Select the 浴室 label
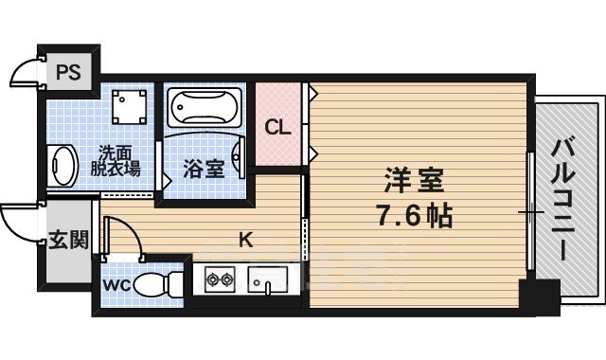coord(203,170)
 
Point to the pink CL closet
coord(277,125)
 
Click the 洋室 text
coord(414,180)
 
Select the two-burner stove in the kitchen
coord(220,279)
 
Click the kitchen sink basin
coord(269,279)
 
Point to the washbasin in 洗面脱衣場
coord(62,166)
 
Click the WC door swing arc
coord(124,237)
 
